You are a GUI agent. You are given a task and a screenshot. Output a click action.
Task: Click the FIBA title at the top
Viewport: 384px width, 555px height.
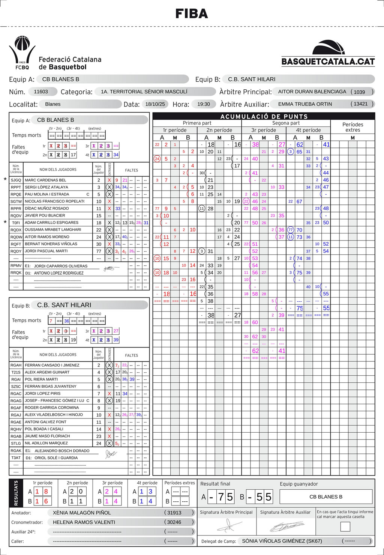[192, 14]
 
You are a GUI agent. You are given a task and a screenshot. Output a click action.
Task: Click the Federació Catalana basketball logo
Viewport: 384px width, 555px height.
[22, 53]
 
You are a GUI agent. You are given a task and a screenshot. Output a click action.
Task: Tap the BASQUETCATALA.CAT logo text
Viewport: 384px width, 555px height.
[328, 62]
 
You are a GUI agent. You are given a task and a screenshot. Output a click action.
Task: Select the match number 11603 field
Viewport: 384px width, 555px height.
[41, 92]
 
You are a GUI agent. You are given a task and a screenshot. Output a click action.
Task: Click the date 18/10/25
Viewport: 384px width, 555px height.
[155, 104]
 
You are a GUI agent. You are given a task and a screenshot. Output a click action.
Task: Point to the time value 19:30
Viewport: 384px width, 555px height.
[204, 104]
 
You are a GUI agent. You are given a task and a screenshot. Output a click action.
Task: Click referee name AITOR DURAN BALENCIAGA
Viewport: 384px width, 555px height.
[312, 92]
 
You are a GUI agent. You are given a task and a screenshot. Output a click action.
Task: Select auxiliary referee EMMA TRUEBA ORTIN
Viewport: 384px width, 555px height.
[305, 104]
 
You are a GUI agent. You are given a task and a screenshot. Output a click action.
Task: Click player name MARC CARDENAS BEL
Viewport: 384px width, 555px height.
[45, 180]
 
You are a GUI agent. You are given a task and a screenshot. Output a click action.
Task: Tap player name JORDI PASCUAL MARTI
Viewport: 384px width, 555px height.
[46, 251]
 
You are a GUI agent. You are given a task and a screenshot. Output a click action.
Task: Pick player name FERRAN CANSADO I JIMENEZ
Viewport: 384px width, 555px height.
[52, 365]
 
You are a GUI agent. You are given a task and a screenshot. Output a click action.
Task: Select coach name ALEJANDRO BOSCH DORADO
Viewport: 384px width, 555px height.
[62, 451]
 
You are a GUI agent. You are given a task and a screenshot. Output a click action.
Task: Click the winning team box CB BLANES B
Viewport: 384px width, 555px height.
[325, 497]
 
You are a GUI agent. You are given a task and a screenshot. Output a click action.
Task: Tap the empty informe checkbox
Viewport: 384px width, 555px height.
[345, 526]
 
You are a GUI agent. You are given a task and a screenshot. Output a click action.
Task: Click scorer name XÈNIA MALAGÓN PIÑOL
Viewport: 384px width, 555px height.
[82, 513]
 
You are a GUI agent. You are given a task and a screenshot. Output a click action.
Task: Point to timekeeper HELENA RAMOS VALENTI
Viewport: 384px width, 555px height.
[84, 522]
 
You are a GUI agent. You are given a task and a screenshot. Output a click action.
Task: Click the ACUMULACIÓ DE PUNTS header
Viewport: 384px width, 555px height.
[264, 116]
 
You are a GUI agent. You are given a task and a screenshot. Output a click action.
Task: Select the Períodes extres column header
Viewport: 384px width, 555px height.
[352, 127]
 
